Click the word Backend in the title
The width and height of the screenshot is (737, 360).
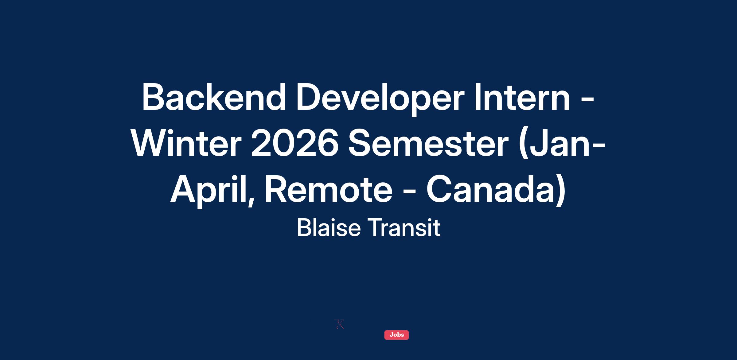click(214, 97)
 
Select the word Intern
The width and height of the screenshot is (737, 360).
click(522, 97)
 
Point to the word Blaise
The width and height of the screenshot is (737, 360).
click(329, 228)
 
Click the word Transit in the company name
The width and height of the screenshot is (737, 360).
click(404, 228)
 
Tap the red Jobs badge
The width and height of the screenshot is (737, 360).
click(396, 335)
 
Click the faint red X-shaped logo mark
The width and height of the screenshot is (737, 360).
click(339, 324)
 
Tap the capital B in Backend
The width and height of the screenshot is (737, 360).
click(154, 97)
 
